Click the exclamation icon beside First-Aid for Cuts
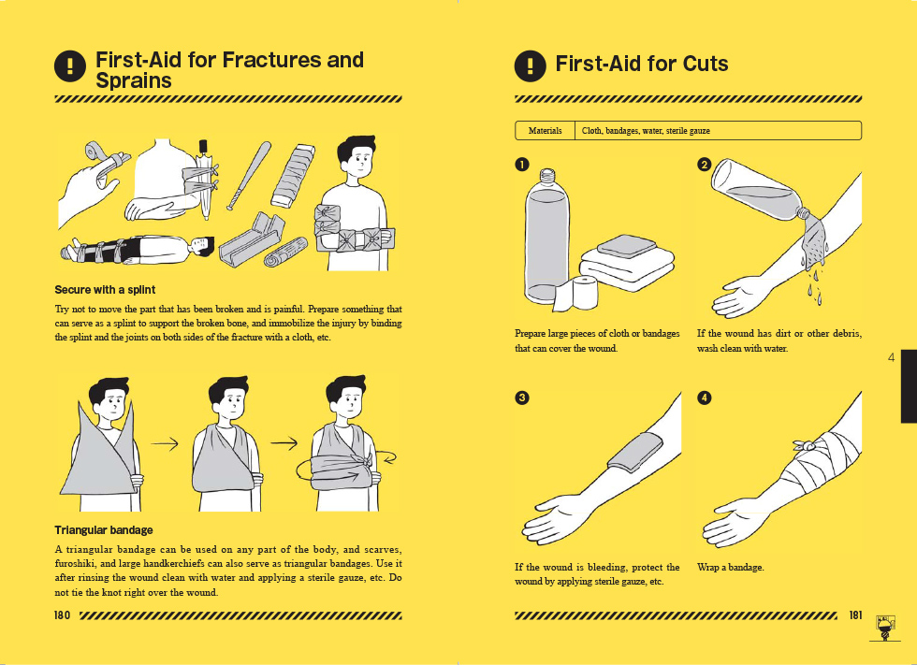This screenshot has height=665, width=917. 530,65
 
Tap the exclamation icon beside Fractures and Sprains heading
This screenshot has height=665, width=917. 70,65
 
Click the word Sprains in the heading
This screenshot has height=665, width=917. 133,80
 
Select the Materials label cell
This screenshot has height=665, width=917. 545,130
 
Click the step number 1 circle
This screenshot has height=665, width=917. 522,165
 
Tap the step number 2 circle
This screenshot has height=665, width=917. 704,165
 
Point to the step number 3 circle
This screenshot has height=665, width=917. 522,398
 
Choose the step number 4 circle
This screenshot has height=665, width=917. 704,398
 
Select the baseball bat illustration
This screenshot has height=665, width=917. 249,175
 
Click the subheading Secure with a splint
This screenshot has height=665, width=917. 105,290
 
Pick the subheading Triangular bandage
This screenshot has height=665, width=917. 104,530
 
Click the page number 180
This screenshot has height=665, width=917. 62,615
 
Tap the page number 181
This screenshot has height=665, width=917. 855,614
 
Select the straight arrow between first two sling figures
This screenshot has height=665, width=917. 165,444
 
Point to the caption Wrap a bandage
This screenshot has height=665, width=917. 731,568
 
